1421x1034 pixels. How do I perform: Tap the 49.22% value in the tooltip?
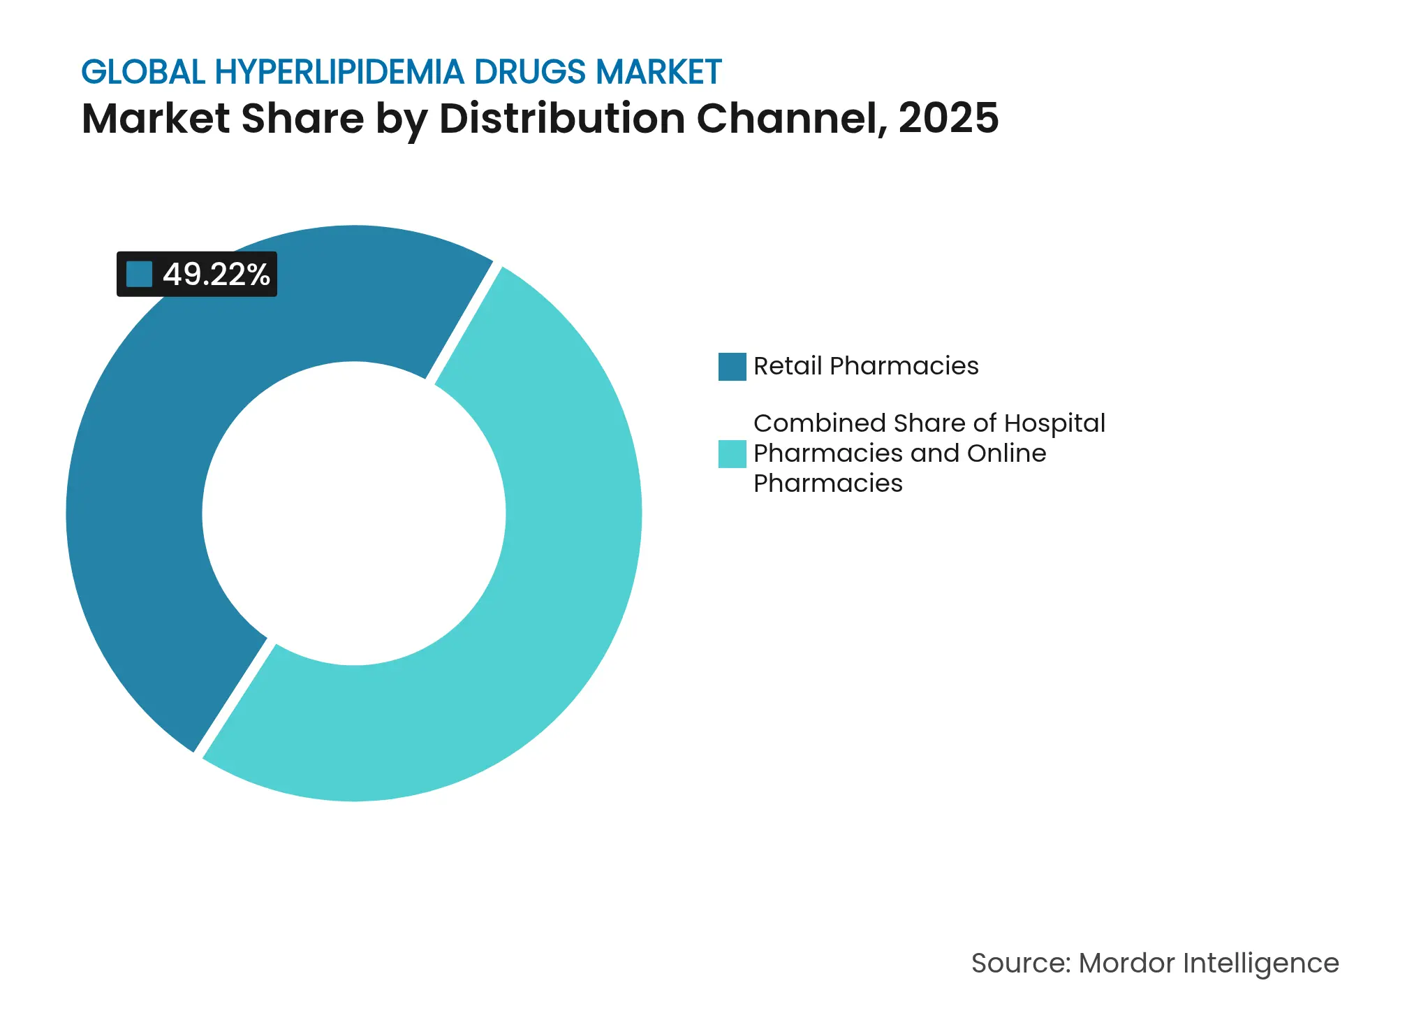point(216,275)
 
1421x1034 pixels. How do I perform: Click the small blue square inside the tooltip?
point(139,274)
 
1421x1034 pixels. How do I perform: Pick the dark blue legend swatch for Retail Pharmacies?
point(732,367)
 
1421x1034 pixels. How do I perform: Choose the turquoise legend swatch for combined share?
point(732,454)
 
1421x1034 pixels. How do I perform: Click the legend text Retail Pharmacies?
point(866,366)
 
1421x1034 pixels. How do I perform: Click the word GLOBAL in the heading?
point(143,72)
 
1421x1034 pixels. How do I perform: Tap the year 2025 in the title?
point(948,118)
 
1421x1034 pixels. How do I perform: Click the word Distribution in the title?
point(562,118)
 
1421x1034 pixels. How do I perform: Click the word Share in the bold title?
point(302,118)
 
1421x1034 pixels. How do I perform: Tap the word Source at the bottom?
point(1020,963)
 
